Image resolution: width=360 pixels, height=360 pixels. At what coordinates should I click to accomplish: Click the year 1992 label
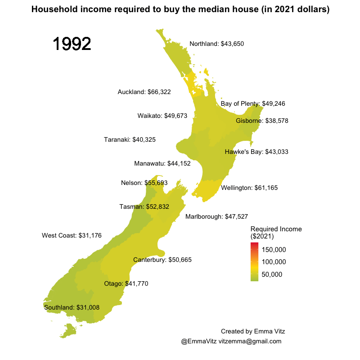72,44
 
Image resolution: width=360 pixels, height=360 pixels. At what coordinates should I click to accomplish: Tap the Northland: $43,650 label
216,44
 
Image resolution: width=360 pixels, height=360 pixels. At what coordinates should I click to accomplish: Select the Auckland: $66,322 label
144,92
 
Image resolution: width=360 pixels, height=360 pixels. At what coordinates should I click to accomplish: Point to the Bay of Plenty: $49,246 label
253,103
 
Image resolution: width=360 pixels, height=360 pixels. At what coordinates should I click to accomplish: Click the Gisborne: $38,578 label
262,121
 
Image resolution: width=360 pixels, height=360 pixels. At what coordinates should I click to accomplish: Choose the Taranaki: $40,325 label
130,139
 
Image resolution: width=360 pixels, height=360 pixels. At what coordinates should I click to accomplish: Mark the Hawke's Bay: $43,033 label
256,152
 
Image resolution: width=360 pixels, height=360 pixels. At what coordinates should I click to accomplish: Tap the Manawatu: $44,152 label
162,163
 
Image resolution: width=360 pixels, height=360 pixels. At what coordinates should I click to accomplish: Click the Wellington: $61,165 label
249,187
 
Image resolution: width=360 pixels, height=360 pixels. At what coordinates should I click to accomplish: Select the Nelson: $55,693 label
144,183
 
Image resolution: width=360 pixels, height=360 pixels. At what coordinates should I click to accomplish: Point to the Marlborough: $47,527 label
216,216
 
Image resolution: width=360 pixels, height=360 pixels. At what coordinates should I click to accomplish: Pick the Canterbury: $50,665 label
162,260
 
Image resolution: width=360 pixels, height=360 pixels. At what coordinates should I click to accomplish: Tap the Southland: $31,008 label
72,307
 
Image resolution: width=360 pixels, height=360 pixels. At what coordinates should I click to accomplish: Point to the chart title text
180,9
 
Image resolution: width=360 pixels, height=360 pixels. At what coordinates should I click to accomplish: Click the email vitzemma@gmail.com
250,342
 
